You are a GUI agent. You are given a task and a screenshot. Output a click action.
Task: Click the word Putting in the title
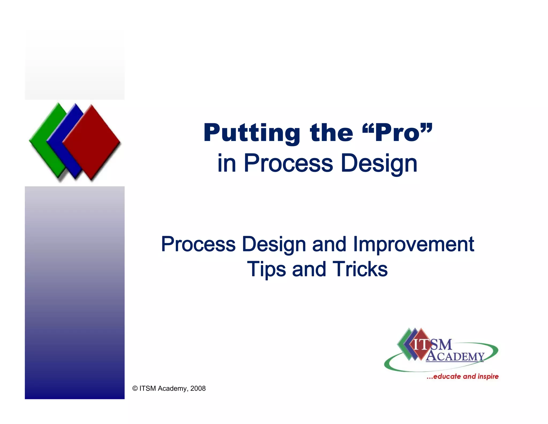click(x=252, y=133)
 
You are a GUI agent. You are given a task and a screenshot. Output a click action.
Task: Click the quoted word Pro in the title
click(x=397, y=133)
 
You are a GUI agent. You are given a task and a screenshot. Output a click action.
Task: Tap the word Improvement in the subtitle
click(x=413, y=244)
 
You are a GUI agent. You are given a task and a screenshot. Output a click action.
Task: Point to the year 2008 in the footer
click(x=198, y=388)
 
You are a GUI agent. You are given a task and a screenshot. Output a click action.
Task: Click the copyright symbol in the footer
click(x=135, y=388)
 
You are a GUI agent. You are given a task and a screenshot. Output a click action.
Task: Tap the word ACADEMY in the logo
click(x=455, y=356)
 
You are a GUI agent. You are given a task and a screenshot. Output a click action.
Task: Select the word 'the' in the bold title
click(x=331, y=133)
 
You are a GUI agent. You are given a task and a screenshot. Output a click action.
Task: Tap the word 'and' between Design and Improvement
click(x=329, y=244)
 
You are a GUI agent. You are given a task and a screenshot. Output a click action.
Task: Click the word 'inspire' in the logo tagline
click(x=488, y=376)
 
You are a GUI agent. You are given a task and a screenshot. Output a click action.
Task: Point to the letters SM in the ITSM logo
click(x=442, y=345)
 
